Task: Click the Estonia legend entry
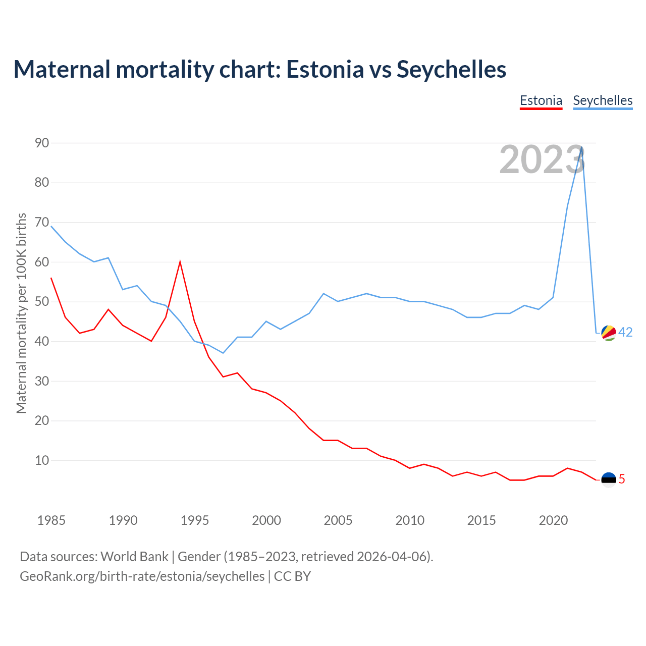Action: [541, 100]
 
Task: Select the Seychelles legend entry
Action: [603, 100]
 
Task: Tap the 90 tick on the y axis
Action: [42, 143]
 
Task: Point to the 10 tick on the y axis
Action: [42, 460]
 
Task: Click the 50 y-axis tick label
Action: [42, 302]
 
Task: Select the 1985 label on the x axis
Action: [51, 520]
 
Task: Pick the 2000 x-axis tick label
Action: [266, 520]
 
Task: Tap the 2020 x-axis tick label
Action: [553, 520]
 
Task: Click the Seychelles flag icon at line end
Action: [609, 333]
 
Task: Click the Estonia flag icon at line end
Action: [609, 479]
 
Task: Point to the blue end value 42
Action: [625, 332]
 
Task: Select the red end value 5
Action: [622, 479]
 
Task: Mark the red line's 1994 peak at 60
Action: [180, 262]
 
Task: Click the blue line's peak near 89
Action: [582, 147]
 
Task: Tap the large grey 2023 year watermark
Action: [542, 159]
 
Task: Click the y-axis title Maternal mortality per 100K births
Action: [21, 313]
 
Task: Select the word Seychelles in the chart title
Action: [451, 69]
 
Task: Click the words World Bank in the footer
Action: [134, 556]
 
